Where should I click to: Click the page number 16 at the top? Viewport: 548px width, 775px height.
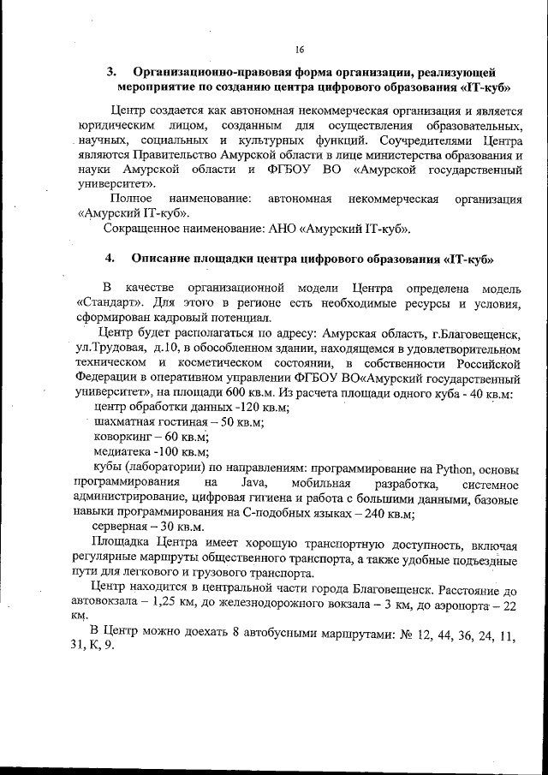300,50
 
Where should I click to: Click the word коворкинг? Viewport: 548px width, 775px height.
122,438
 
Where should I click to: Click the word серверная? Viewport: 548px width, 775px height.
122,528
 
